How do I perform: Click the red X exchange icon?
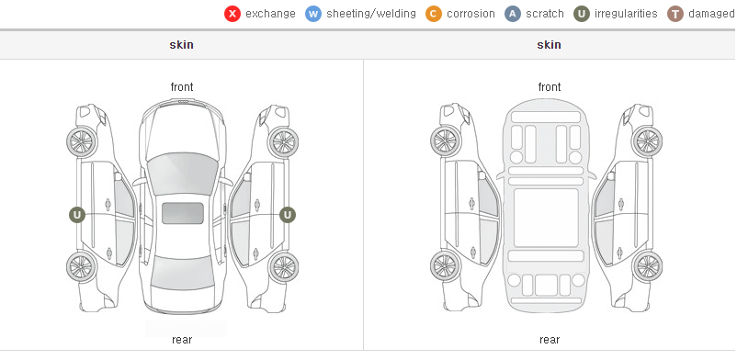(x=232, y=14)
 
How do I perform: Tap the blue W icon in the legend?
(x=313, y=14)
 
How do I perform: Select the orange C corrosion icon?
(x=434, y=14)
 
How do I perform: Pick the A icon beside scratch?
(x=513, y=14)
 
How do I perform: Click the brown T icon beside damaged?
(x=675, y=14)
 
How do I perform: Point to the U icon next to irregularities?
(x=582, y=14)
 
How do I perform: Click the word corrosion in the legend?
(x=471, y=14)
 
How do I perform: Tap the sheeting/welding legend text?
(x=371, y=14)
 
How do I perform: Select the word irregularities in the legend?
(x=626, y=14)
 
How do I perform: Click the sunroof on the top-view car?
(x=183, y=213)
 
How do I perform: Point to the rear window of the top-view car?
(x=183, y=275)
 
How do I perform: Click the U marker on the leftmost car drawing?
(x=77, y=215)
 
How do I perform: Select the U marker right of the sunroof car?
(x=288, y=215)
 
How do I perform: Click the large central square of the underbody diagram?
(x=546, y=218)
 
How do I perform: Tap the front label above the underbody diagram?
(x=550, y=87)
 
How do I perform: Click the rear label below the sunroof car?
(x=182, y=340)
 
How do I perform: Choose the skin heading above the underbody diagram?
(x=549, y=45)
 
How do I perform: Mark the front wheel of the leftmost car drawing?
(x=82, y=142)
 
